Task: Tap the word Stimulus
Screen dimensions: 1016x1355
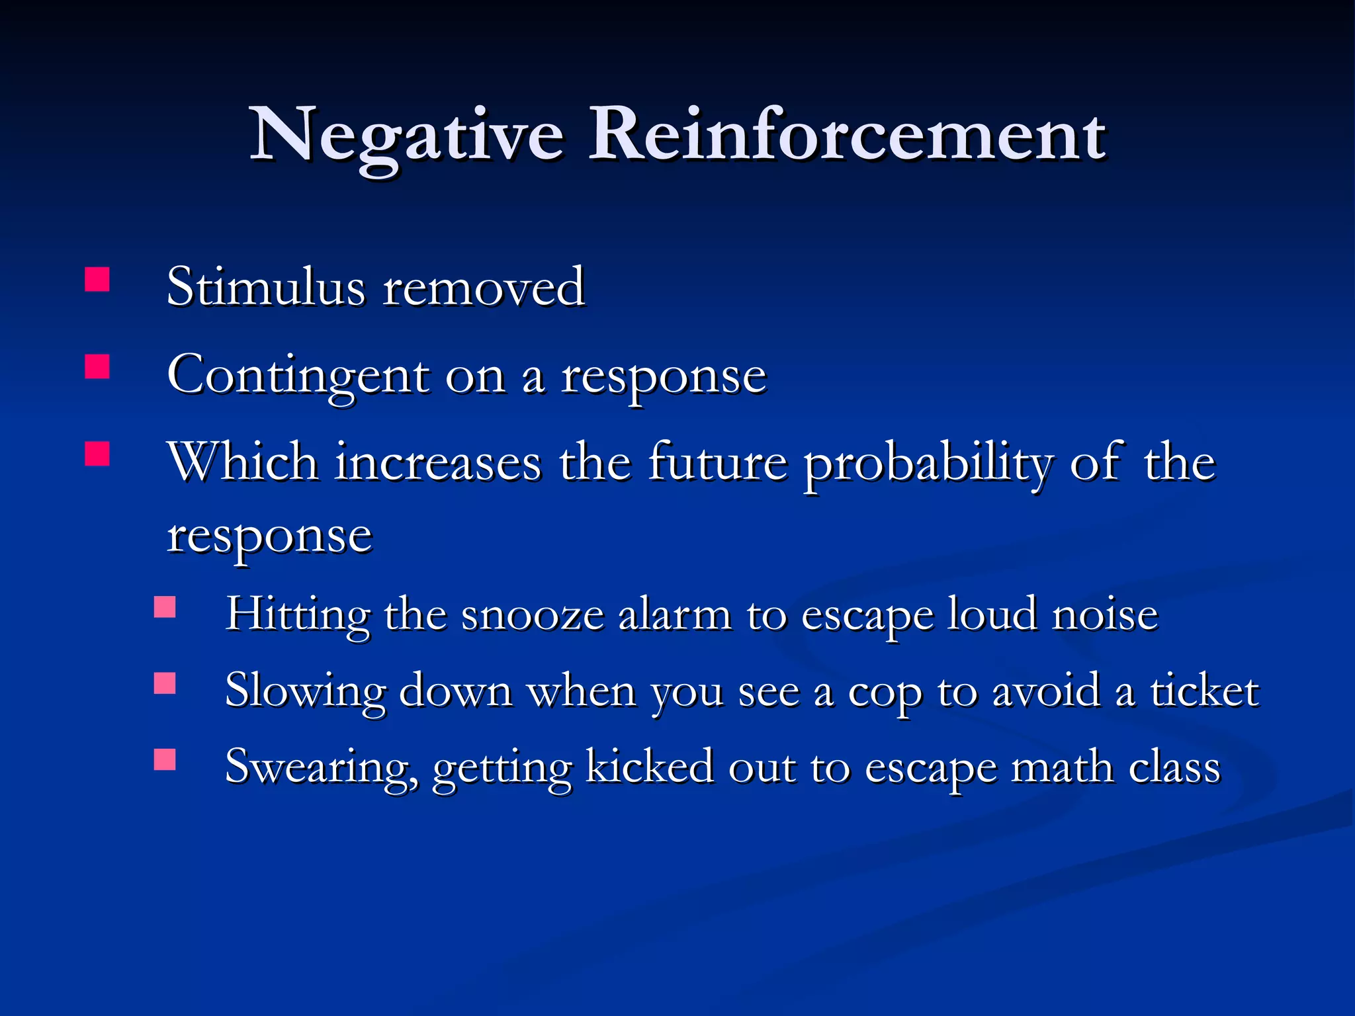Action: click(265, 287)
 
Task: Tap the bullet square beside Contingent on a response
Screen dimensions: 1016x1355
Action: click(97, 366)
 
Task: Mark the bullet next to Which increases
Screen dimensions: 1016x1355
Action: click(97, 454)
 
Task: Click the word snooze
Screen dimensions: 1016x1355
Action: click(533, 615)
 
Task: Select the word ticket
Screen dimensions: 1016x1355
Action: click(1204, 691)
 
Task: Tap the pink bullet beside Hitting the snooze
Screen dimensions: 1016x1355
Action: click(165, 607)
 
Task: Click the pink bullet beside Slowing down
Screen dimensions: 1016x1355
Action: click(165, 683)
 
